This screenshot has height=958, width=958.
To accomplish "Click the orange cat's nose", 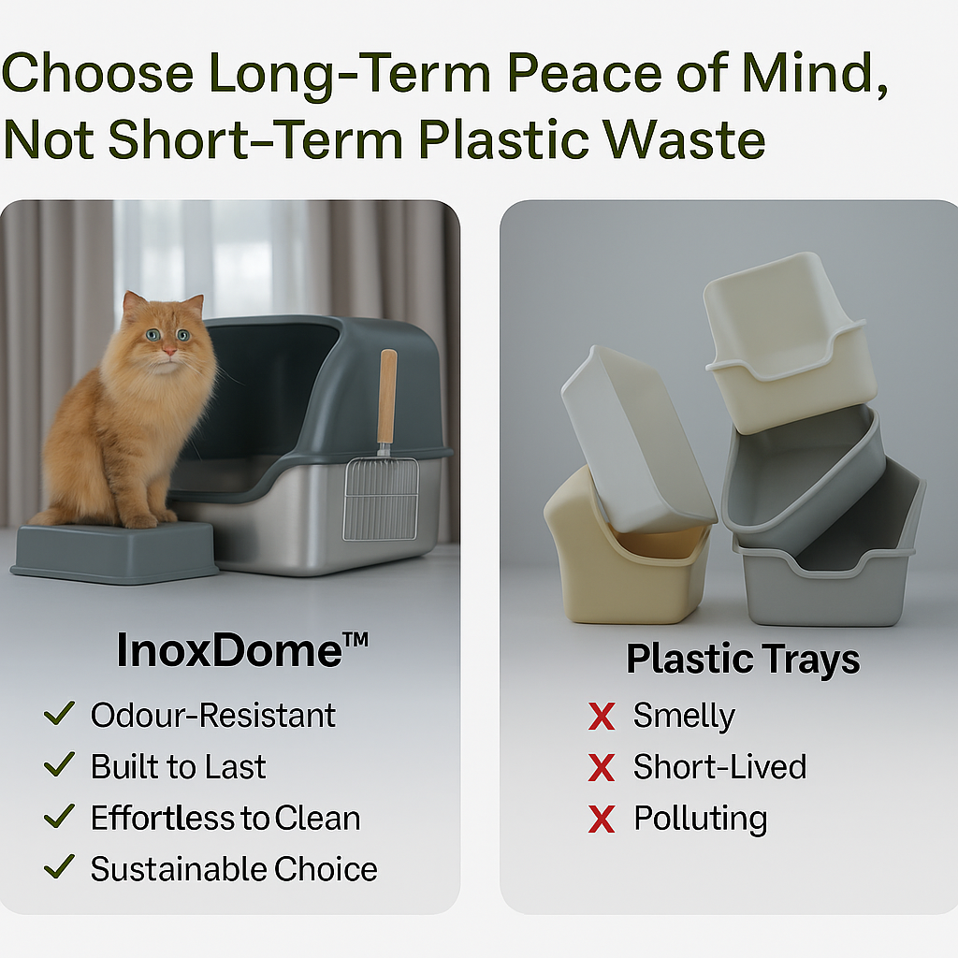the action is [168, 351].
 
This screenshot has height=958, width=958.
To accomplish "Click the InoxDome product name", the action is [242, 649].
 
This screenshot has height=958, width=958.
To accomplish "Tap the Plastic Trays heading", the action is [743, 660].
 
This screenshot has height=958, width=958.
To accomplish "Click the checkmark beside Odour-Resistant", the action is [59, 713].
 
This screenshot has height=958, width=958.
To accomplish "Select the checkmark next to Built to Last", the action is [59, 764].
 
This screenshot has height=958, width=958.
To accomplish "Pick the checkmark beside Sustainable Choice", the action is [59, 867].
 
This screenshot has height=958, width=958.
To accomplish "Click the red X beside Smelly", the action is [602, 716].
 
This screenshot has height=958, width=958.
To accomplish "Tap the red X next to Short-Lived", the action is [602, 767].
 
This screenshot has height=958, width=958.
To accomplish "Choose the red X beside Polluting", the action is [602, 820].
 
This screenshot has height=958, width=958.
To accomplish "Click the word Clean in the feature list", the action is [317, 818].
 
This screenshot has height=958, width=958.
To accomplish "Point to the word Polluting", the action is [700, 820].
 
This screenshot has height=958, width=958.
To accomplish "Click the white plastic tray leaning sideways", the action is [635, 440].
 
